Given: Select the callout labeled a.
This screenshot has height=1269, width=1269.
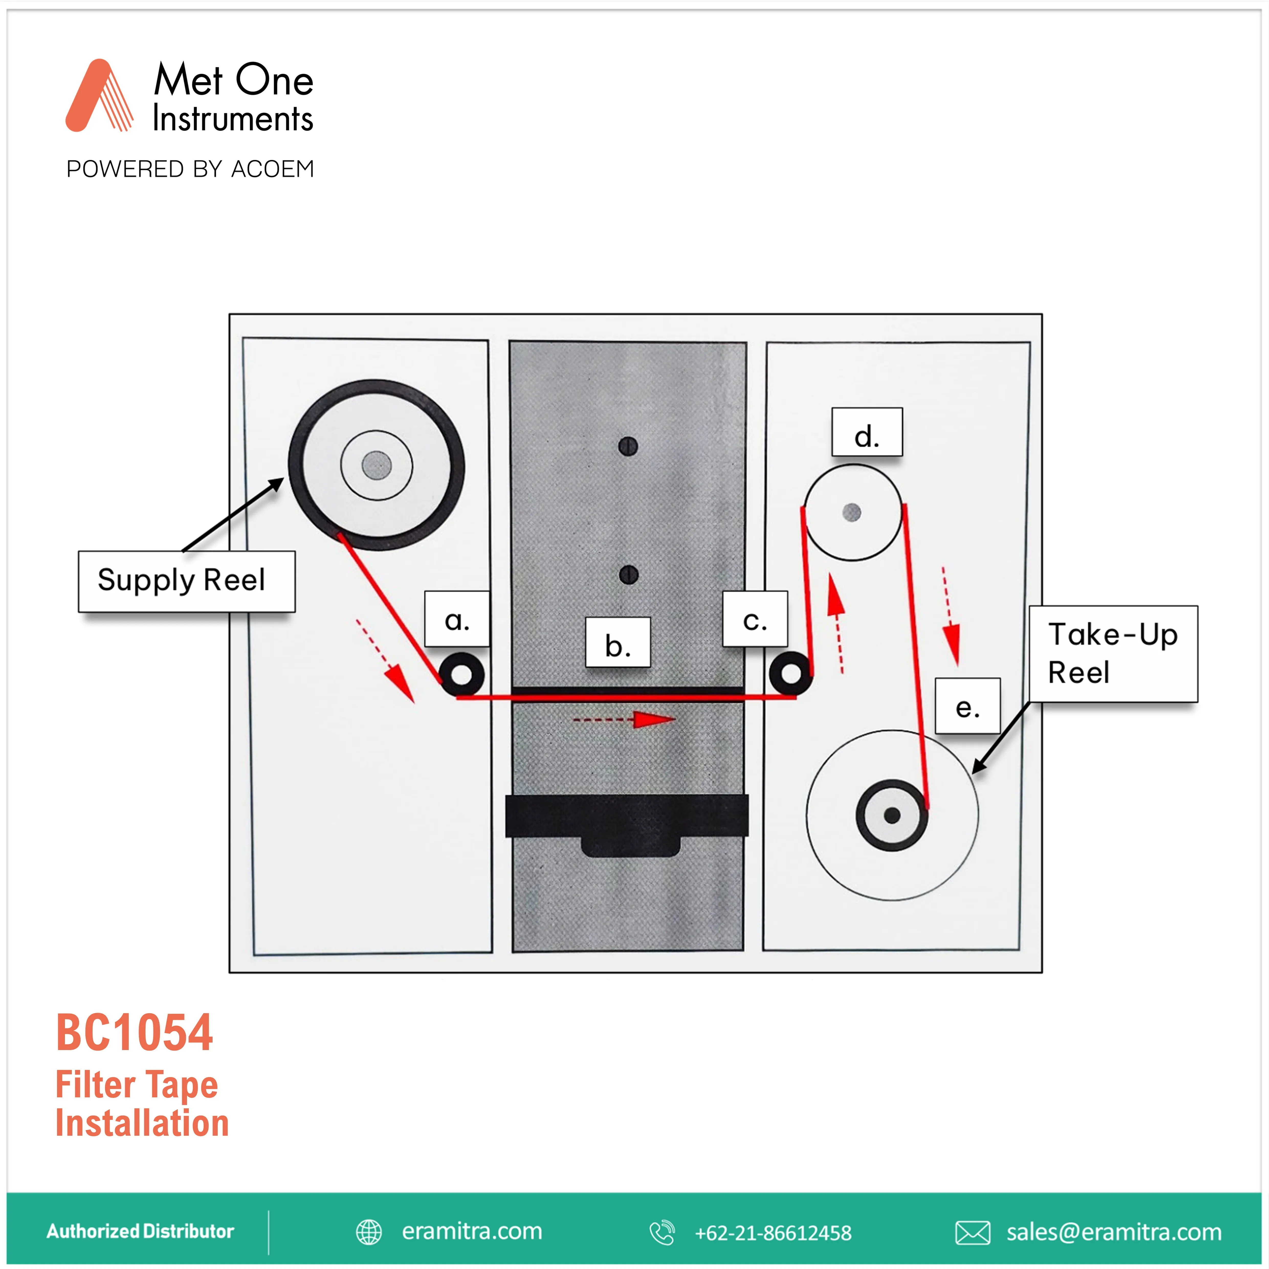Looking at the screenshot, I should (457, 619).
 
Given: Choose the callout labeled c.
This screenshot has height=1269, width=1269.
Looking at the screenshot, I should (755, 619).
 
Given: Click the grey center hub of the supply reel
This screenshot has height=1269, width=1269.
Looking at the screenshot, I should (376, 465).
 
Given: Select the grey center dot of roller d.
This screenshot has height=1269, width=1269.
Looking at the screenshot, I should (852, 512).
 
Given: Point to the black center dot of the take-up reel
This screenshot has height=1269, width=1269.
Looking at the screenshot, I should (892, 815).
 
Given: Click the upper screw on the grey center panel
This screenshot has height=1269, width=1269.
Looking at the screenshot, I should (628, 447).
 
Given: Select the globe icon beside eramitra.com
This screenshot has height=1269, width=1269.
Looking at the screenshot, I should (369, 1232).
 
